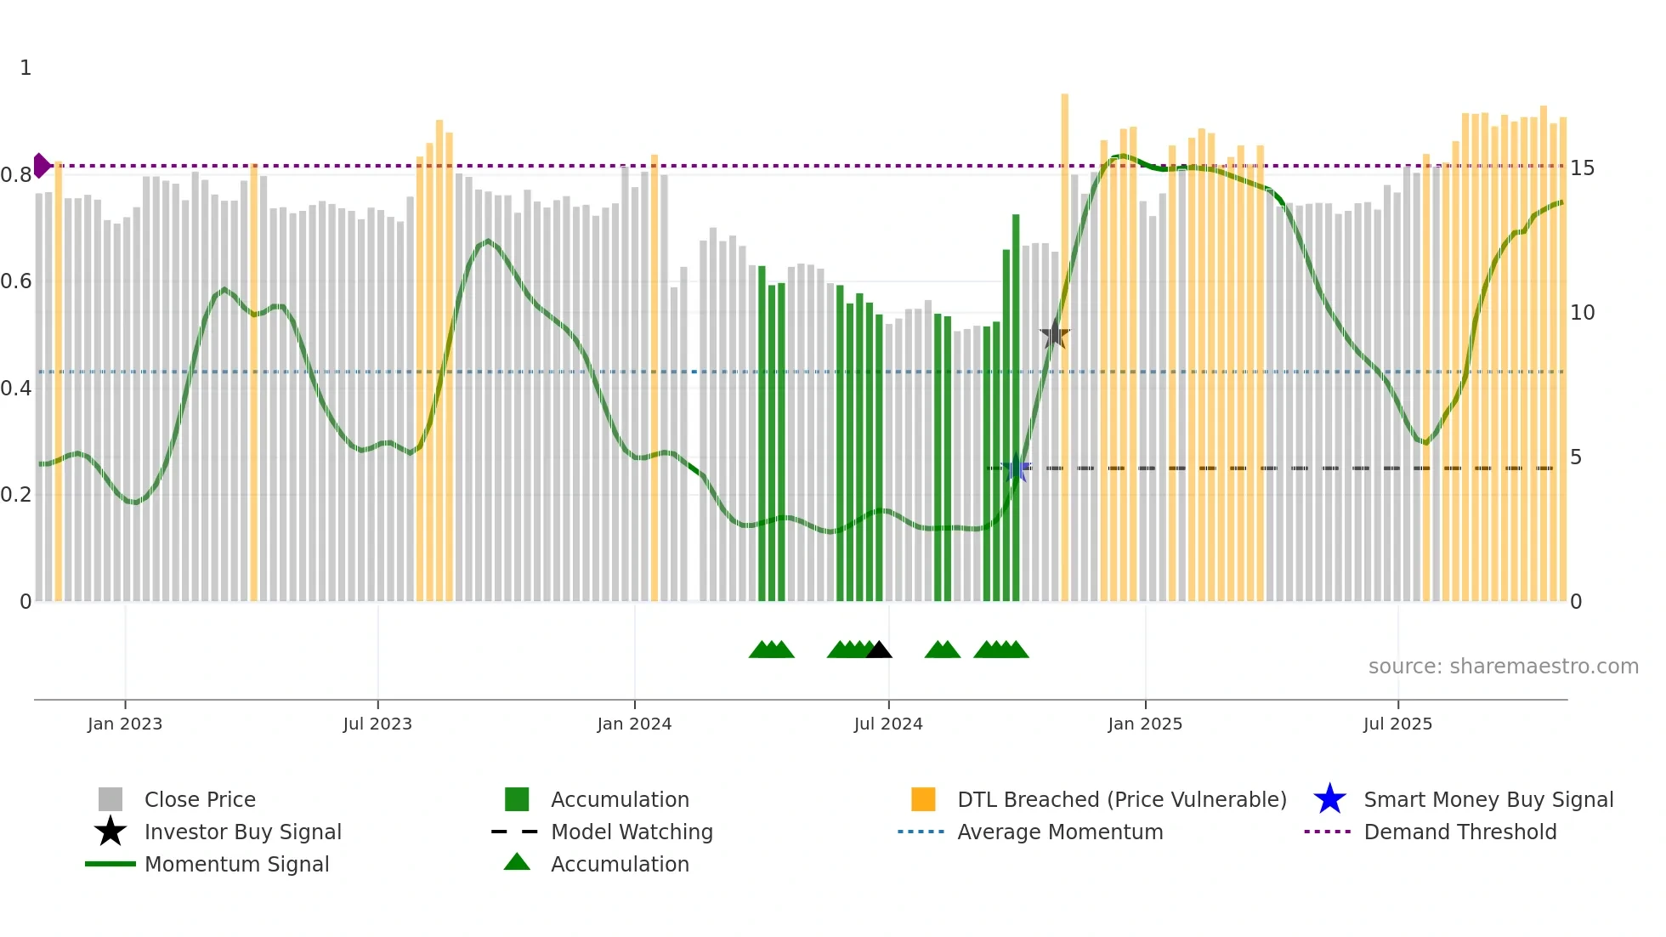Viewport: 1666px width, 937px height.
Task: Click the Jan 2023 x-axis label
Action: [125, 724]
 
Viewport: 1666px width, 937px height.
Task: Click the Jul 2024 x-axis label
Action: [888, 724]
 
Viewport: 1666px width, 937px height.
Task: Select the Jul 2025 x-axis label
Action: [1397, 724]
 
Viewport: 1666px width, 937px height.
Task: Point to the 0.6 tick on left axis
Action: [16, 281]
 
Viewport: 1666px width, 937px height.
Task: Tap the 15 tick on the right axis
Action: [1582, 168]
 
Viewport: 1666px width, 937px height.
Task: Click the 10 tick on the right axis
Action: [1582, 313]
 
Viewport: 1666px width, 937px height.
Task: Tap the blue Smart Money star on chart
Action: [1016, 468]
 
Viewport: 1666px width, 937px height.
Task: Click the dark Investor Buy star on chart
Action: [1055, 334]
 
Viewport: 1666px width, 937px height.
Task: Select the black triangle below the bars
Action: [879, 650]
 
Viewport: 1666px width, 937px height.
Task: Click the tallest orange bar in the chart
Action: [1065, 340]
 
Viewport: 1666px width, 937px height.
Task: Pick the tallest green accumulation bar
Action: [1016, 408]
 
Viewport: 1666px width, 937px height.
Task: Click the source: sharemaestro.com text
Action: [1503, 667]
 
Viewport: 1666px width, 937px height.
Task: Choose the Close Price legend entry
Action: [200, 799]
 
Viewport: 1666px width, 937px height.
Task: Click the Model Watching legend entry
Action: [632, 832]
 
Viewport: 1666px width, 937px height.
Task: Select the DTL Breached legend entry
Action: [1121, 799]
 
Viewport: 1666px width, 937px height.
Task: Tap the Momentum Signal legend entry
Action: [236, 864]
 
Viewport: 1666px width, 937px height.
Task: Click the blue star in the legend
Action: [1329, 799]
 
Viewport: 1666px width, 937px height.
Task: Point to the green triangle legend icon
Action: [517, 862]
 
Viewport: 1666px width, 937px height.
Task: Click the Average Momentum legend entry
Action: [1060, 832]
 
